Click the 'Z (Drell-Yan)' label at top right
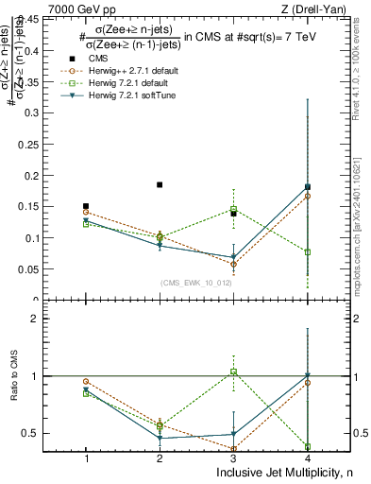[313, 9]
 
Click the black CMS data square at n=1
[86, 206]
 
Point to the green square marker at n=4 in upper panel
[308, 252]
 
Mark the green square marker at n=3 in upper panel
[233, 209]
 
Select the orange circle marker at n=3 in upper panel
[233, 265]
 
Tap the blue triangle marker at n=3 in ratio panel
[233, 434]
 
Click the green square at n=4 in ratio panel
[308, 446]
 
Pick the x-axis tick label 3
[233, 458]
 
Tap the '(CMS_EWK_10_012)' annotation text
[189, 283]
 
